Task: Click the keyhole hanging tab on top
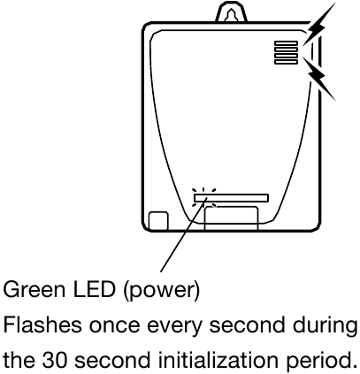[x=232, y=11]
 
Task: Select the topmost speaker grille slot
[x=286, y=43]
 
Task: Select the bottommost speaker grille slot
[x=286, y=61]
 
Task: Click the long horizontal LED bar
[x=231, y=198]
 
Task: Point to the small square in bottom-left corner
[x=158, y=220]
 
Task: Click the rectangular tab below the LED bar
[x=231, y=218]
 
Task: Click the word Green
[x=34, y=289]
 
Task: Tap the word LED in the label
[x=94, y=289]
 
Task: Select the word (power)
[x=161, y=291]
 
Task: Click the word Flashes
[x=42, y=324]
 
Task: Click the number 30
[x=54, y=360]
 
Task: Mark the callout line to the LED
[x=184, y=235]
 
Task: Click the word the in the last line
[x=19, y=360]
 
